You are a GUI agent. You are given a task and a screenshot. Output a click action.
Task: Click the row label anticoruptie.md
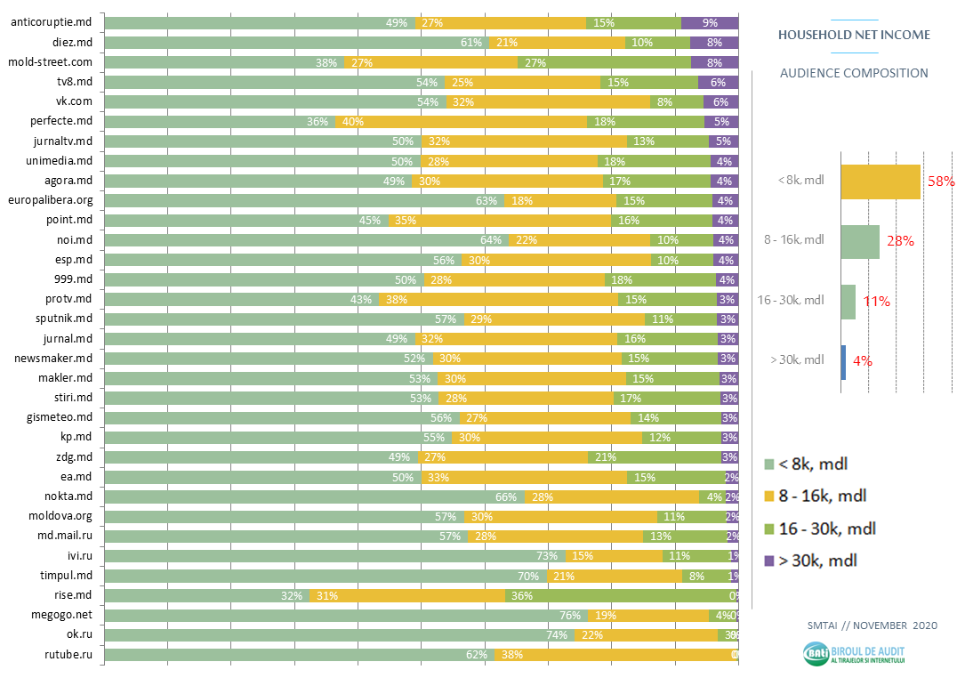52,22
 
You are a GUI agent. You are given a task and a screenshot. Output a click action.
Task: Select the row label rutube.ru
69,655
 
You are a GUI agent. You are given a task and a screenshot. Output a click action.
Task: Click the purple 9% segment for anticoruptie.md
709,22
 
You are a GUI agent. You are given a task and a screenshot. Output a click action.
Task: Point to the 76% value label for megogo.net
570,615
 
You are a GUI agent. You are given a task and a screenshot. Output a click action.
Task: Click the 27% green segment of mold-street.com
604,62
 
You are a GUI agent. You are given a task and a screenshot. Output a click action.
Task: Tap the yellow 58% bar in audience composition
880,181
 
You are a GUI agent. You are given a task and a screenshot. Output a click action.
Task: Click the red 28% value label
900,241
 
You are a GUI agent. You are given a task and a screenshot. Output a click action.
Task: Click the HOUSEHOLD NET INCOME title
854,35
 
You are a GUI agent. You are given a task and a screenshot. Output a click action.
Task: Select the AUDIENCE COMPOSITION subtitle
854,73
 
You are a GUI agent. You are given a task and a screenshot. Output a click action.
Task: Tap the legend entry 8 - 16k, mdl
822,496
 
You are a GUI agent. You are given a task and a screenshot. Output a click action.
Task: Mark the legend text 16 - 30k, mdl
827,529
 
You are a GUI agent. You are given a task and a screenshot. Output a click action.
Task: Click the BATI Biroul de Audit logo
854,654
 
